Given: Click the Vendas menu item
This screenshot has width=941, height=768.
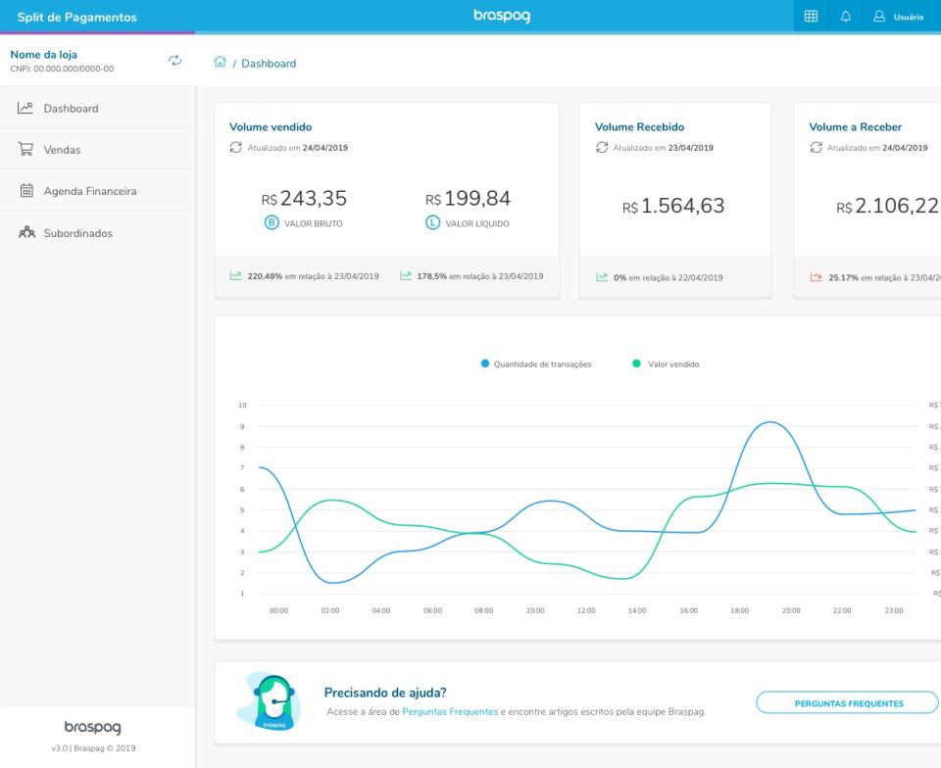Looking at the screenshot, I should (62, 150).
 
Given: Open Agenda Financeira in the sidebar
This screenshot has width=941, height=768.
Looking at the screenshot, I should (89, 191).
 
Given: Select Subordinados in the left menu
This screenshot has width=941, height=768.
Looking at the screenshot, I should (77, 233).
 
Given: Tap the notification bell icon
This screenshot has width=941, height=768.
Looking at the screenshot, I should (846, 17).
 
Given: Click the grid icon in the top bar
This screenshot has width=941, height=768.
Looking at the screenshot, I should (811, 17).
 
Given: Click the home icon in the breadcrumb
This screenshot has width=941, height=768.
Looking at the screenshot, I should (220, 63).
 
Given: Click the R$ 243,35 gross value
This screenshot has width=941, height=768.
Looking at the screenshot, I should (304, 199).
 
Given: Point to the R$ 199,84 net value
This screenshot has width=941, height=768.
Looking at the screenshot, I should (468, 199).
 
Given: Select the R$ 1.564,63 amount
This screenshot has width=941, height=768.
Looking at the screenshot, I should (673, 207).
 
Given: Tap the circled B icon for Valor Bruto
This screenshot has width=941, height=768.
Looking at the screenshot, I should (272, 223).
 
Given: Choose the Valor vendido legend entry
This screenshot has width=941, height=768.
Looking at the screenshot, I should (672, 364).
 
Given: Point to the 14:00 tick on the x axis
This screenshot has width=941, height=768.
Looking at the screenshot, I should (637, 610).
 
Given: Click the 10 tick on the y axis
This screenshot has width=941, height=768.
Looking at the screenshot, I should (242, 405).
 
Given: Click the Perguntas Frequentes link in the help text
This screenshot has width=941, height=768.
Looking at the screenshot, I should (450, 712).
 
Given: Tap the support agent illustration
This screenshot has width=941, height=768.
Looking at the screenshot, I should (269, 701).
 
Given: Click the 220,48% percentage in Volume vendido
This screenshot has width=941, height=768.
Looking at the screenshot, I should (265, 276).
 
